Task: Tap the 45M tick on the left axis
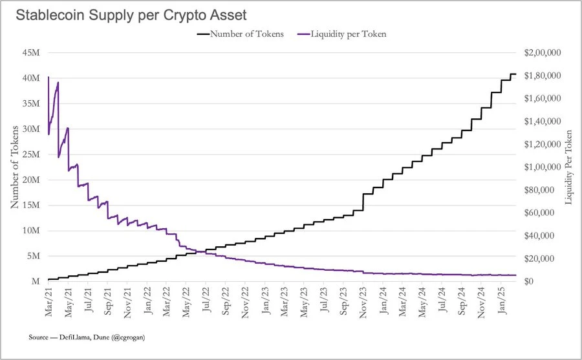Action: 31,53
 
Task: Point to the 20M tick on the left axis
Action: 31,180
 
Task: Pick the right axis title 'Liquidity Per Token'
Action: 569,167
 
